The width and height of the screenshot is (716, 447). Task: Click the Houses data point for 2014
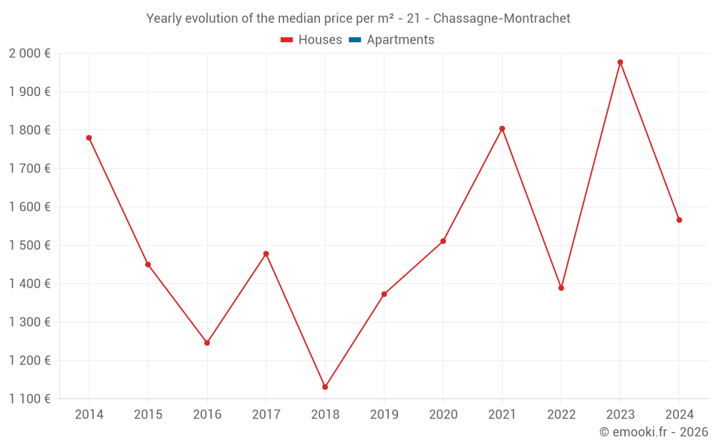tap(89, 138)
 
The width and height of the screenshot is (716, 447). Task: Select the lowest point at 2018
tap(325, 387)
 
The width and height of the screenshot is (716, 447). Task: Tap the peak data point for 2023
tap(620, 62)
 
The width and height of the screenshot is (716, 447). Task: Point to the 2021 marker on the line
tap(502, 129)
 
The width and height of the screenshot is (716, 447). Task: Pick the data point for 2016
tap(207, 343)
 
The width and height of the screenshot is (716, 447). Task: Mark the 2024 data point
tap(679, 220)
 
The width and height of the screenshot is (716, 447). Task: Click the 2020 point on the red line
tap(443, 241)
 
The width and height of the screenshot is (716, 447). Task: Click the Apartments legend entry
tap(400, 40)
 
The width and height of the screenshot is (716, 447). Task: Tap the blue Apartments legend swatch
tap(355, 40)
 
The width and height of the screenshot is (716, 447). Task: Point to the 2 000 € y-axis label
tap(29, 54)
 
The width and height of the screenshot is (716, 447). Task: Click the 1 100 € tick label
tap(29, 399)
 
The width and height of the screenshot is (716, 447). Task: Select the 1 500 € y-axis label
tap(29, 245)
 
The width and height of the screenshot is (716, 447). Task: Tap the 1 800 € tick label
tap(29, 130)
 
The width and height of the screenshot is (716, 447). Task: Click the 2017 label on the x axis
tap(266, 415)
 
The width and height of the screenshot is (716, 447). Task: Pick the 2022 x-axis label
tap(561, 415)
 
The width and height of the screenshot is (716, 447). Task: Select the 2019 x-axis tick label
tap(384, 415)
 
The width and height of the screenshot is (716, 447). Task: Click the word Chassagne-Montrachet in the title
tap(502, 19)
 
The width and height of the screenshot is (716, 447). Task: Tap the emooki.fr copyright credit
tap(653, 432)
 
